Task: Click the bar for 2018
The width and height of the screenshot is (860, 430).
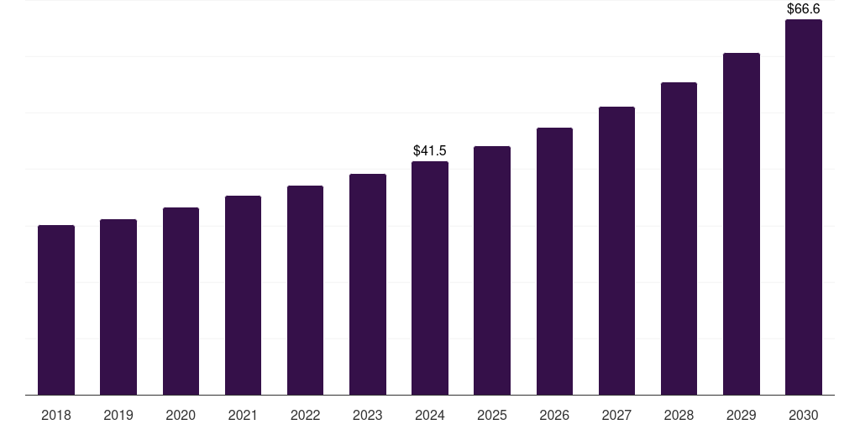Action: coord(56,310)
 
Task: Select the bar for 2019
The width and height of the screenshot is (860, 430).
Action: coord(118,307)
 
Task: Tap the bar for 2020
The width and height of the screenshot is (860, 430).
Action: coord(181,301)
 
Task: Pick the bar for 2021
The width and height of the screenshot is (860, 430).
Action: coord(243,295)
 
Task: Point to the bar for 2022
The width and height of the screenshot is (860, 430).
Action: coord(305,290)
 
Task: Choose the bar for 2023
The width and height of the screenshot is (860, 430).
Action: coord(368,284)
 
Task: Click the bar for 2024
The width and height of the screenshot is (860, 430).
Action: coord(430,278)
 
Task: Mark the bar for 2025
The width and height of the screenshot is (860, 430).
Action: coord(492,270)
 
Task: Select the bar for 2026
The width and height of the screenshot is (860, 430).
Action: coord(554,261)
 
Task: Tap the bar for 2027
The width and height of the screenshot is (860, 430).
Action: coord(616,250)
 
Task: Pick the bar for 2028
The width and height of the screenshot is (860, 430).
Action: coord(679,239)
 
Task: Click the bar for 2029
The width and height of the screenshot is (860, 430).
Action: coord(742,223)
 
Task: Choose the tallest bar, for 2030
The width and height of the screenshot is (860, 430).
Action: coord(804,207)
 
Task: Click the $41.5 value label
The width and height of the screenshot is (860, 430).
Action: coord(430,151)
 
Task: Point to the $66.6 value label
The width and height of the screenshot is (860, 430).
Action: coord(804,9)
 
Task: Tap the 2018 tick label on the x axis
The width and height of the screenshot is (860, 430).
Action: coord(56,415)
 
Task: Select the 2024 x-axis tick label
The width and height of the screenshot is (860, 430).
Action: coord(430,415)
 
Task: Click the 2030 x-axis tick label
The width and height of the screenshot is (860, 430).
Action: coord(804,415)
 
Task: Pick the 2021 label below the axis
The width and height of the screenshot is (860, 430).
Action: coord(243,415)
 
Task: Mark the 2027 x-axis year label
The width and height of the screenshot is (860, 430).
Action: coord(616,415)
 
